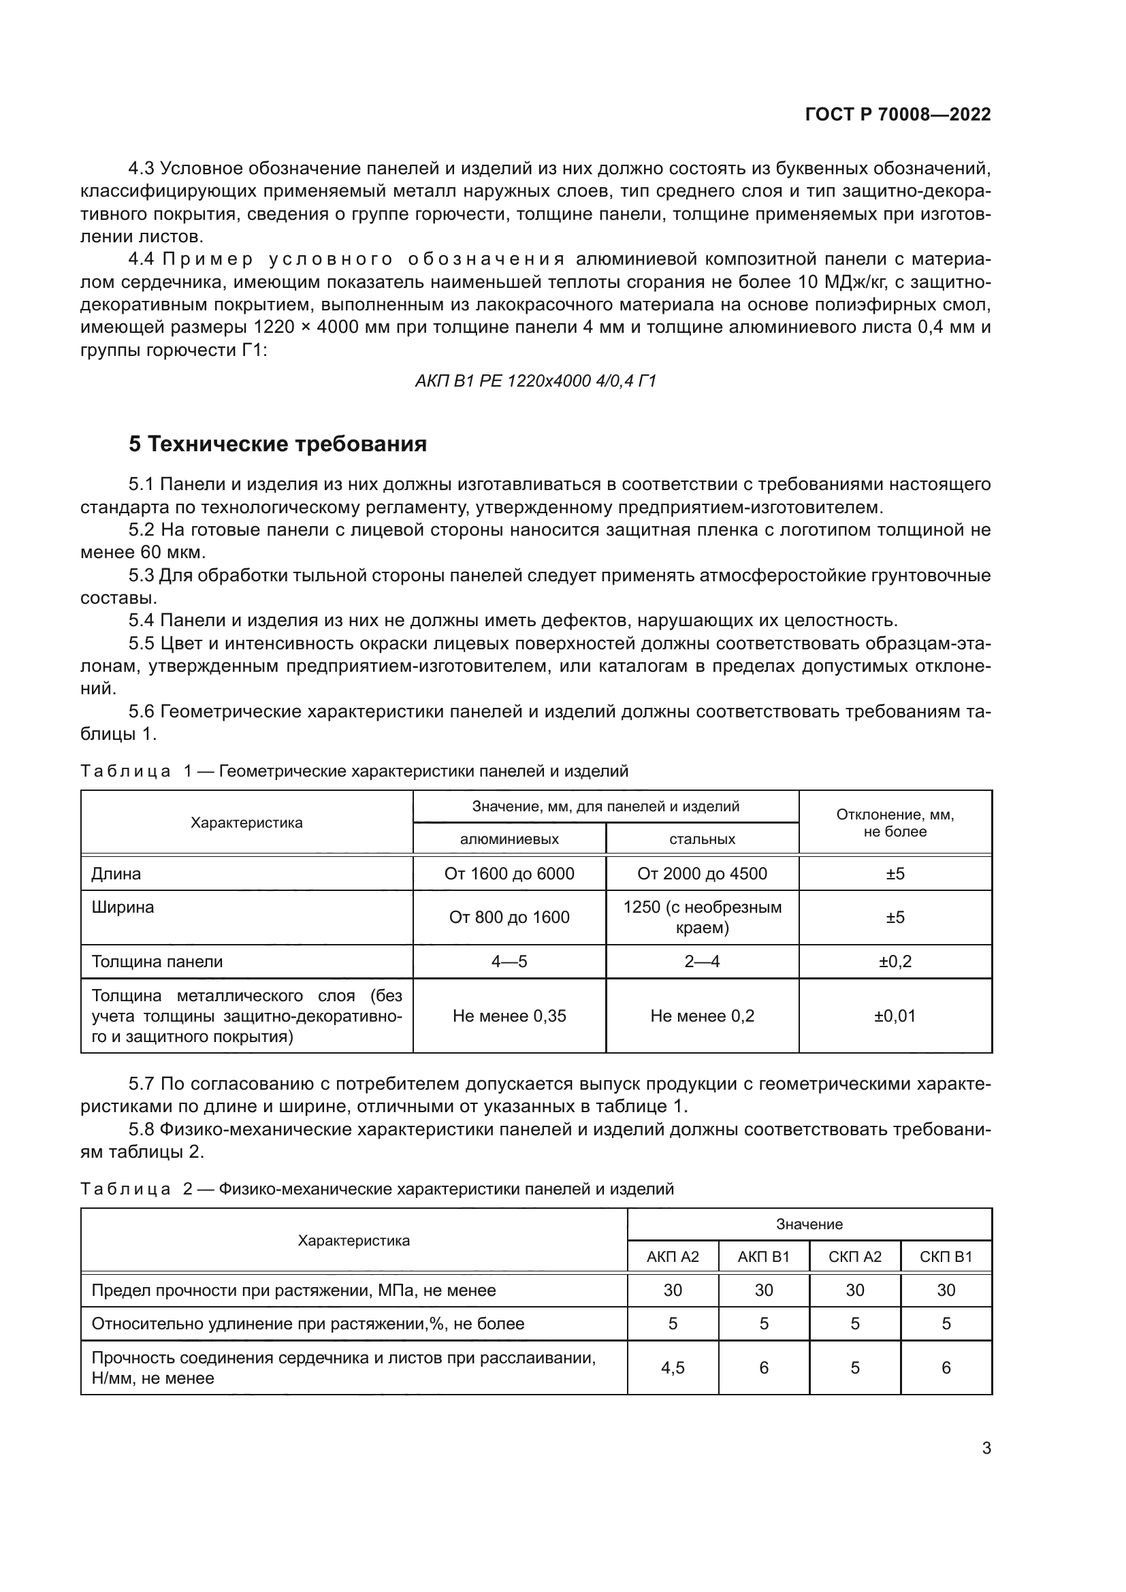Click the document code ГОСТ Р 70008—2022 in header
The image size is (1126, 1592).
[898, 115]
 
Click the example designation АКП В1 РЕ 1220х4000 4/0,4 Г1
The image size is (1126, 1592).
[535, 380]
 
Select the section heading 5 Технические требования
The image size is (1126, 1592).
[277, 444]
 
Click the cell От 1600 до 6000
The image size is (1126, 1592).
[509, 874]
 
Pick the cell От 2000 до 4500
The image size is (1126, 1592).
[702, 874]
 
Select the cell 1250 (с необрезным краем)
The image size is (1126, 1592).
[702, 917]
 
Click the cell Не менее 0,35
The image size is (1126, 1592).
[509, 1016]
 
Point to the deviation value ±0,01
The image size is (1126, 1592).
[895, 1016]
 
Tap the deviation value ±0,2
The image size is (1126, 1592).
[895, 962]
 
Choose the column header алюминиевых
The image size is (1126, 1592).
[509, 839]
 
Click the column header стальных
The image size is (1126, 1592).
[702, 839]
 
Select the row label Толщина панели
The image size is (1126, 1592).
[157, 962]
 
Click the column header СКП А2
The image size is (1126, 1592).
[854, 1256]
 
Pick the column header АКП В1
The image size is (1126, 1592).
[763, 1256]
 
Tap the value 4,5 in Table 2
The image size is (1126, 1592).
[673, 1367]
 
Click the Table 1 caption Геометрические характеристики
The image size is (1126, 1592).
[423, 771]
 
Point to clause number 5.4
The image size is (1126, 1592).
[142, 621]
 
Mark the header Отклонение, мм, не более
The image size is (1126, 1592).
[895, 823]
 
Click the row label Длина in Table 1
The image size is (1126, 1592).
[116, 874]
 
